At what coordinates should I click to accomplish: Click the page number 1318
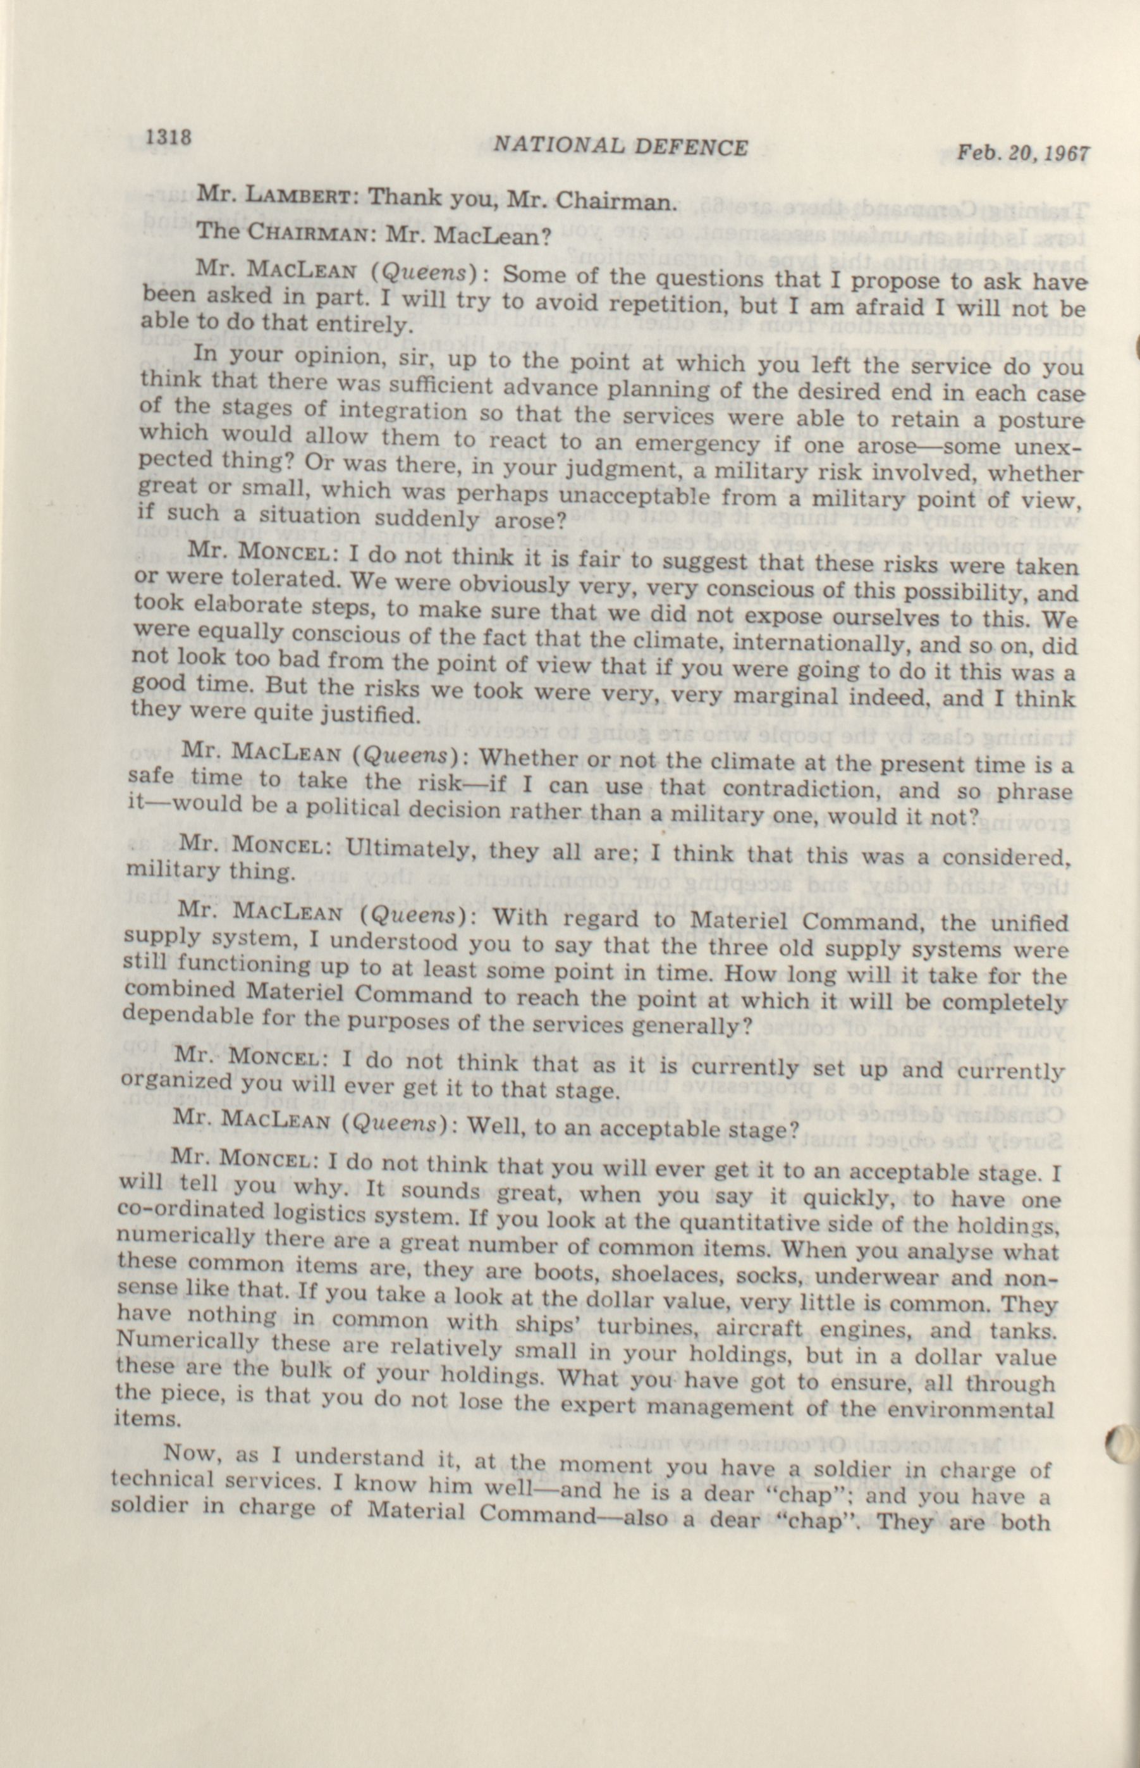[170, 138]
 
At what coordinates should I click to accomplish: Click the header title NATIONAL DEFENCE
[620, 147]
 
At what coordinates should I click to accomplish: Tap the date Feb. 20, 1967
[1023, 153]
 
